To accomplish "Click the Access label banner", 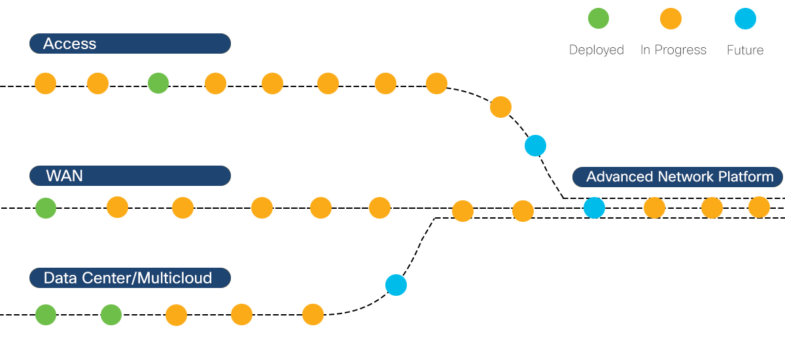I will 130,44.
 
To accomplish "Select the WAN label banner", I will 130,176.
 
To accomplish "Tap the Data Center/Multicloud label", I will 130,278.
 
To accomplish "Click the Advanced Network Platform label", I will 679,177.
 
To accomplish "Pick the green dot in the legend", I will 598,19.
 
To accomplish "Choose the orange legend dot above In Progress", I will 671,19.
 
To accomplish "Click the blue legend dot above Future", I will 745,19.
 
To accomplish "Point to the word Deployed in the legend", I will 596,50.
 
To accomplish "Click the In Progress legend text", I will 673,50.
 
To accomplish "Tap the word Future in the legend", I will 745,50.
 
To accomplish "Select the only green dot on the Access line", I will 158,83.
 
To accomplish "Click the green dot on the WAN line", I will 46,208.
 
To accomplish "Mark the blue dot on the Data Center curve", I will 396,285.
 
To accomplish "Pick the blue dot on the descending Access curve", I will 535,145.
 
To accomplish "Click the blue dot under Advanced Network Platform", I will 594,208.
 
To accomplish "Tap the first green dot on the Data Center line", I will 46,315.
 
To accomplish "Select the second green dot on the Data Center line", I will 111,315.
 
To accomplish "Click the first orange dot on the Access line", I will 46,83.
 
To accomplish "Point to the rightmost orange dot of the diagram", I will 759,207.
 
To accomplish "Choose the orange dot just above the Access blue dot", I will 500,107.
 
